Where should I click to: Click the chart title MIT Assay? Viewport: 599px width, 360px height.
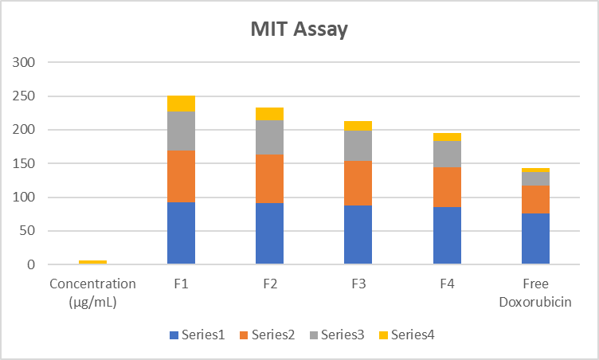tap(299, 30)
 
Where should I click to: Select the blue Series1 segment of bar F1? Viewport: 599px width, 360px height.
tap(181, 233)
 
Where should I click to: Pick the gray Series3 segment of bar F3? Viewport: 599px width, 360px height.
tap(358, 146)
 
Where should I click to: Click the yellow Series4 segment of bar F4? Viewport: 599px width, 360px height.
tap(447, 137)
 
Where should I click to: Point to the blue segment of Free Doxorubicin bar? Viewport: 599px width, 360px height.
tap(535, 238)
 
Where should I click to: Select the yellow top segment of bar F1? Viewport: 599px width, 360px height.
tap(181, 104)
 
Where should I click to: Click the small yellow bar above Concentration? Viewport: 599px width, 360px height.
tap(92, 262)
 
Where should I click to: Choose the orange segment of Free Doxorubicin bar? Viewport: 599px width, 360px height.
tap(535, 199)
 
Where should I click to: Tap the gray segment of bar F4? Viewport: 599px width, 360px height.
tap(447, 154)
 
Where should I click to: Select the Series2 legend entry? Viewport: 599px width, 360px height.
tap(267, 335)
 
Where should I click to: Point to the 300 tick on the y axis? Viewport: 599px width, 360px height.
tap(24, 62)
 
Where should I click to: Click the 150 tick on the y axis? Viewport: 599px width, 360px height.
tap(24, 163)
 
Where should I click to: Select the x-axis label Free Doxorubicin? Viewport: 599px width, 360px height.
tap(535, 292)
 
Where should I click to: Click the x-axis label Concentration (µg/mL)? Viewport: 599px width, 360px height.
tap(92, 292)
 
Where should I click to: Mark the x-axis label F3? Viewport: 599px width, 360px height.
tap(358, 284)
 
